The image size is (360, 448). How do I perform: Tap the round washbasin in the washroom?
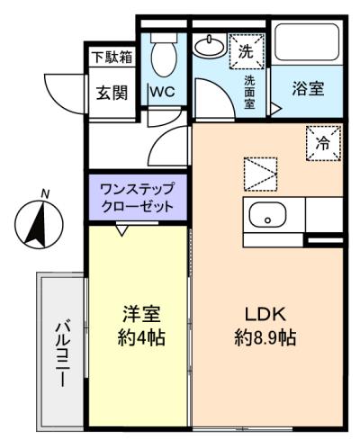(210, 46)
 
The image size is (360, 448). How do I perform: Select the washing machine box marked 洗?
(247, 51)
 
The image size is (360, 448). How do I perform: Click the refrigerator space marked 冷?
(324, 143)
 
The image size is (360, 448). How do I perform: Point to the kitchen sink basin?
(267, 214)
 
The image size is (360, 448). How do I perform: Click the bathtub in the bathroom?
(307, 42)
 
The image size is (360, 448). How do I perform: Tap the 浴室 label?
(308, 89)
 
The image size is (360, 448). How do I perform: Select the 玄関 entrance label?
(112, 93)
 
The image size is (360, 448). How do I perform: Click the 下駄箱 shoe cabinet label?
(112, 58)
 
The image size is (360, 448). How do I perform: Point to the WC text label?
(163, 92)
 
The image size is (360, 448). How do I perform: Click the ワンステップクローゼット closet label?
(138, 198)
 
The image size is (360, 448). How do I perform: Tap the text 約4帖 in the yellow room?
(141, 337)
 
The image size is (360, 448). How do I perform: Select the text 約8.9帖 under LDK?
(265, 337)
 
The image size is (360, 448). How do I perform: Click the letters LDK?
(265, 314)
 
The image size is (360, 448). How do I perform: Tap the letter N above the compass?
(45, 193)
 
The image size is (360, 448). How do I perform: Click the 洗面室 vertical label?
(249, 92)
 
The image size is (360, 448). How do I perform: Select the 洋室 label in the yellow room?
(141, 314)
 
